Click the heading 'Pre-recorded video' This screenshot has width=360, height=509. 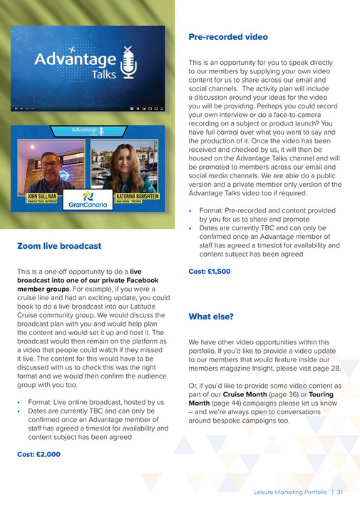[227, 36]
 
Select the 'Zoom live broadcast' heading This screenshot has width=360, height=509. [58, 246]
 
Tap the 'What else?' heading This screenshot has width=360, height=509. [211, 316]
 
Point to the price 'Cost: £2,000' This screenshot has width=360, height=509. [39, 453]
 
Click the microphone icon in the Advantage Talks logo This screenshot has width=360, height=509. [127, 62]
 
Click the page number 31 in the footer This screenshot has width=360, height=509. [341, 492]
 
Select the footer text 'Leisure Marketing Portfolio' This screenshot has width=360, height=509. [291, 492]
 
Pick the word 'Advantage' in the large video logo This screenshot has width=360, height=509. [75, 58]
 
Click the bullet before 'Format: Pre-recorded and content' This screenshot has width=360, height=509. [190, 211]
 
